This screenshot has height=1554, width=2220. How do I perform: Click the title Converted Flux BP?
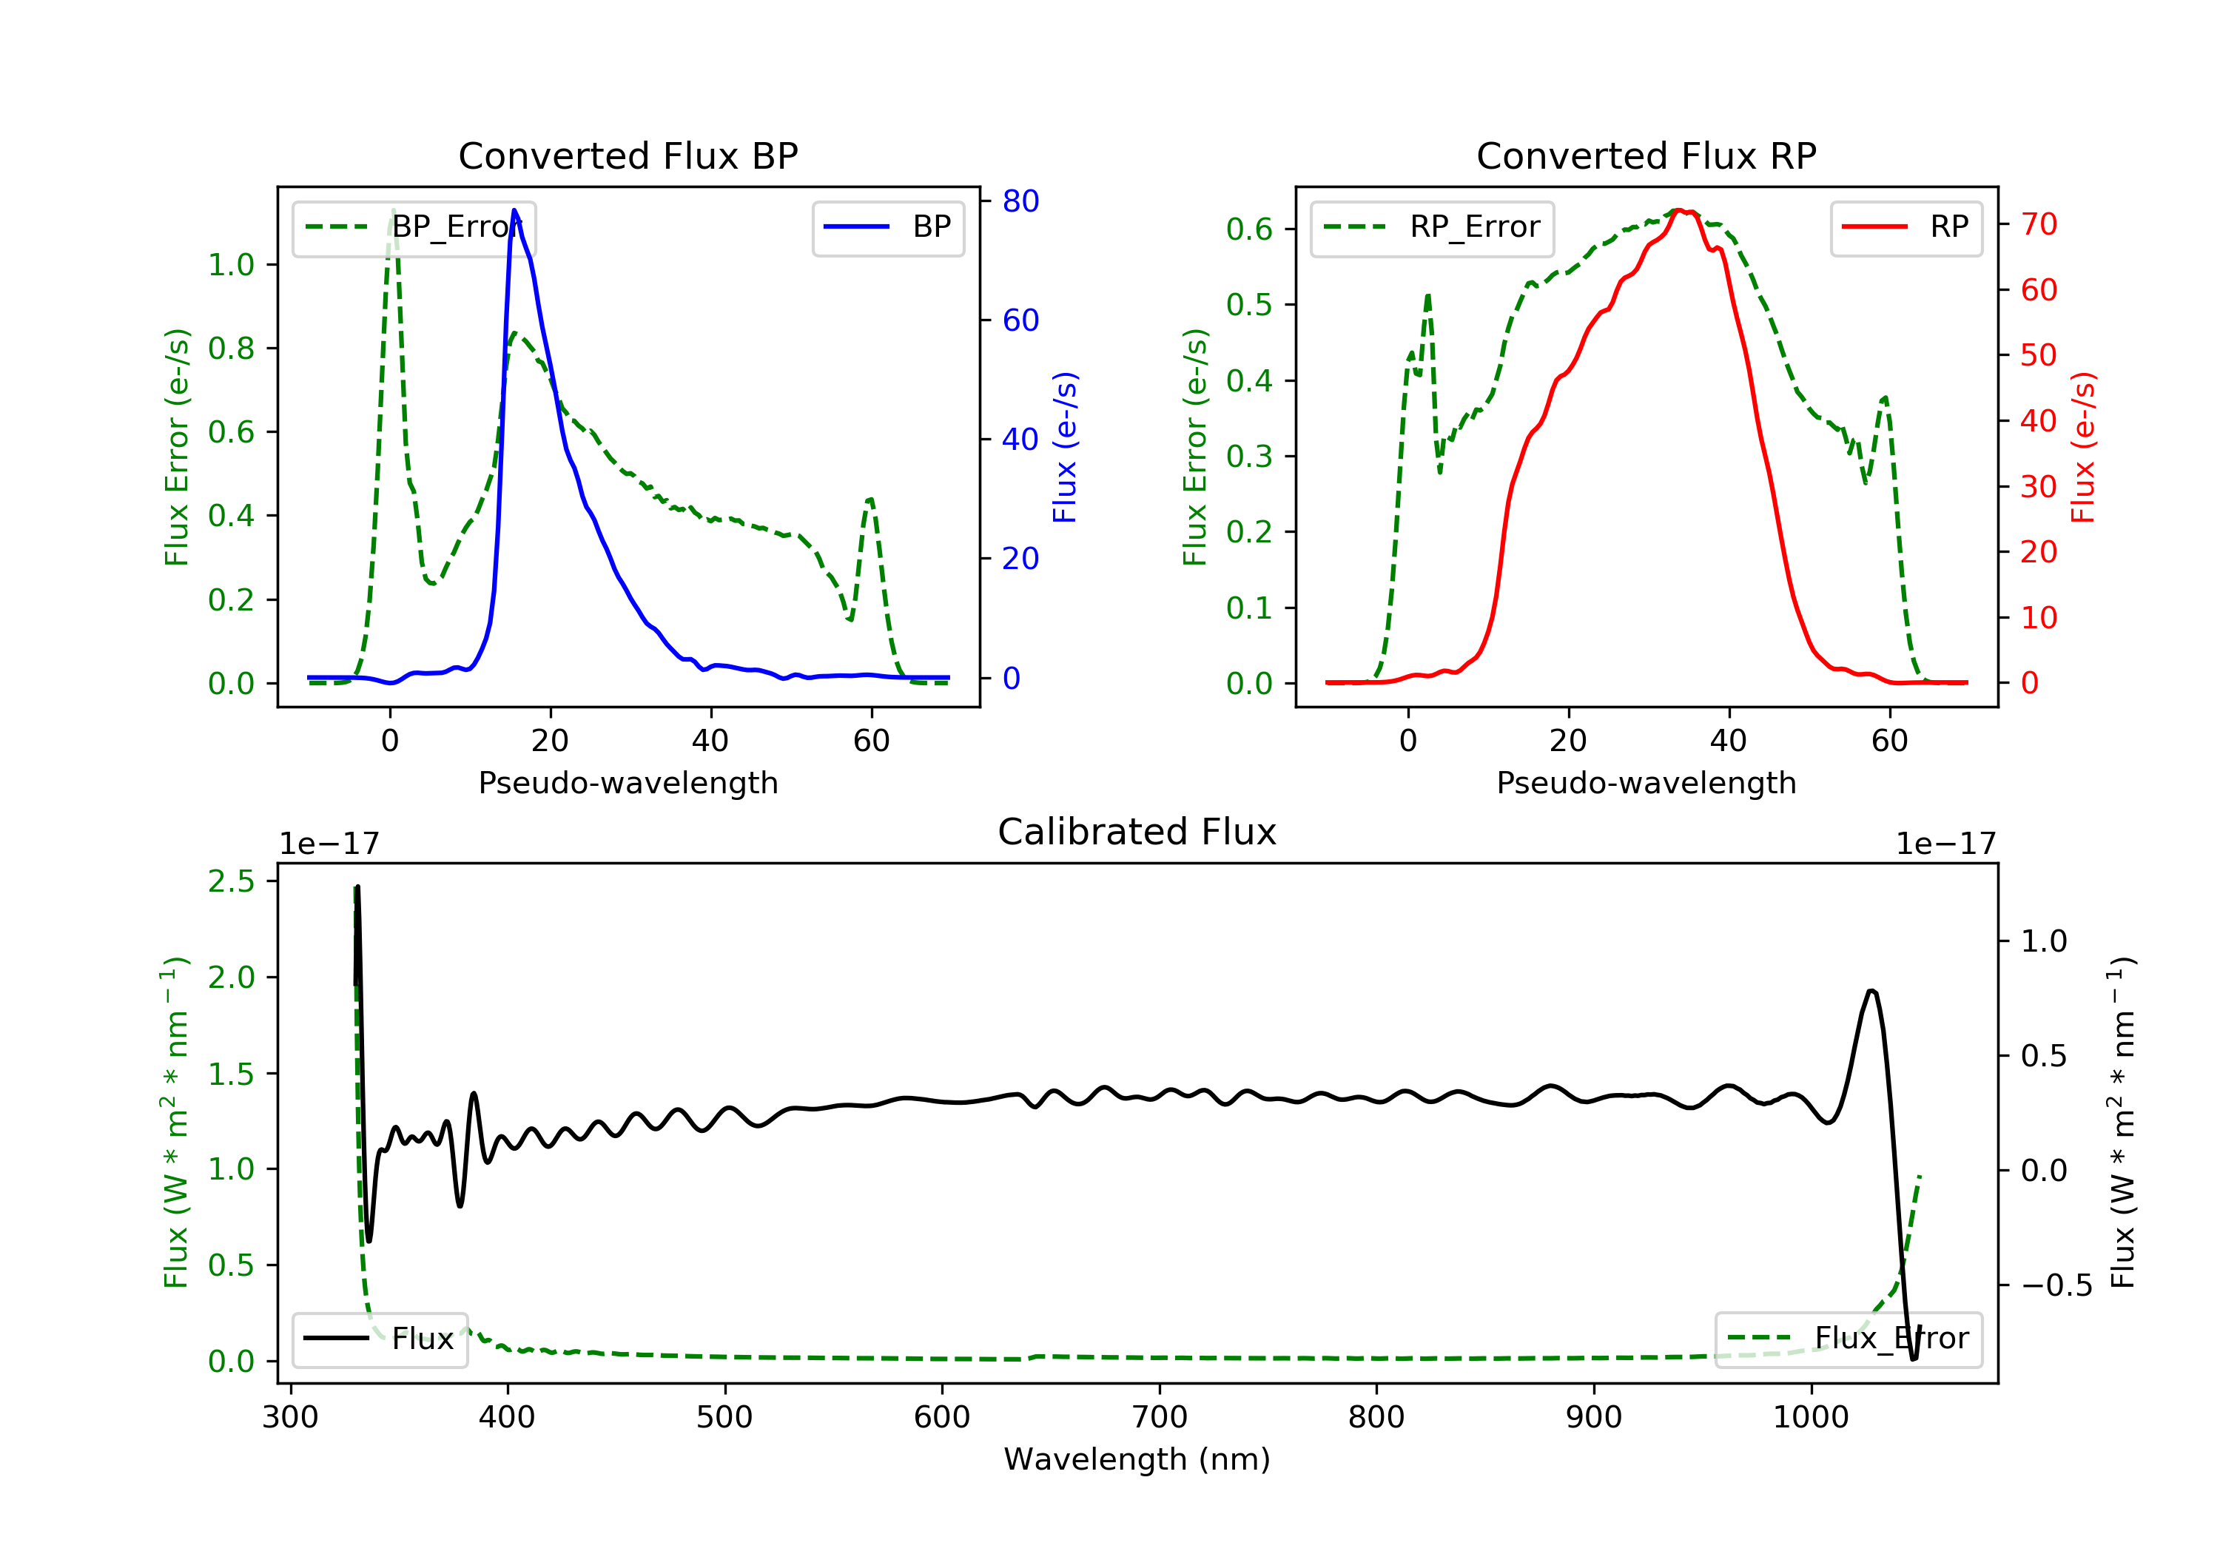tap(628, 155)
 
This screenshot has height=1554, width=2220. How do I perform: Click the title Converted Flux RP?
tap(1646, 155)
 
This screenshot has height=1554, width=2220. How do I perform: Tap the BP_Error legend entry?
tap(414, 227)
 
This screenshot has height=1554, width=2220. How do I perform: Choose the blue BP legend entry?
tap(887, 227)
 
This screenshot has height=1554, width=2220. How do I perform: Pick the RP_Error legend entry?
tap(1432, 227)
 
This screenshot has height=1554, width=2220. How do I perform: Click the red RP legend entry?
tap(1905, 227)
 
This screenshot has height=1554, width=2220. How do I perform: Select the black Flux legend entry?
tap(380, 1339)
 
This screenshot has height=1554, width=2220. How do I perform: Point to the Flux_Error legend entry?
tap(1848, 1339)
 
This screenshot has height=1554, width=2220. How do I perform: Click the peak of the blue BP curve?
tap(514, 210)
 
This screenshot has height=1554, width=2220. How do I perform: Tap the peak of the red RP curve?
tap(1680, 210)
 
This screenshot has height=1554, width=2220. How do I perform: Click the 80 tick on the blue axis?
tap(1020, 201)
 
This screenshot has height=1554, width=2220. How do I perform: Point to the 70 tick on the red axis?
tap(2038, 224)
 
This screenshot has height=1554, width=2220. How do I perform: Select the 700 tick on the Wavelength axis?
tap(1160, 1418)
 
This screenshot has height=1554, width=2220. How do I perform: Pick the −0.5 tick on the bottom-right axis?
tap(2056, 1285)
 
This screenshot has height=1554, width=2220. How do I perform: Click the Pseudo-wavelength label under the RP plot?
tap(1646, 782)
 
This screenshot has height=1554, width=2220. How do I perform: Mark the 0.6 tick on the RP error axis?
tap(1248, 229)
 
